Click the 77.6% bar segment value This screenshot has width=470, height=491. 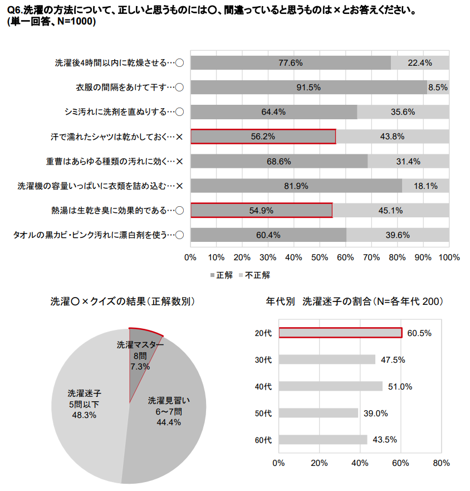(291, 63)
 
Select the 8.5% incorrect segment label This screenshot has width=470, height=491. (438, 87)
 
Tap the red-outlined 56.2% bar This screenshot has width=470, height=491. (263, 137)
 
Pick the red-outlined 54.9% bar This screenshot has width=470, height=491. (261, 210)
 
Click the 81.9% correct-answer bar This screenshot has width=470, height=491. (296, 186)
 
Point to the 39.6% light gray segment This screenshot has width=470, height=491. (398, 235)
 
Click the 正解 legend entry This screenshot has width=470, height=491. (221, 275)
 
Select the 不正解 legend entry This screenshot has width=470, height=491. (254, 275)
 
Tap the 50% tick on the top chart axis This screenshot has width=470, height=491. (320, 257)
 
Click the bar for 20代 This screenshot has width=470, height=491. (340, 333)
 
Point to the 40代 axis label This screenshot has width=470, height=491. (263, 386)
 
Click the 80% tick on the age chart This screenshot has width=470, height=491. (441, 463)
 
